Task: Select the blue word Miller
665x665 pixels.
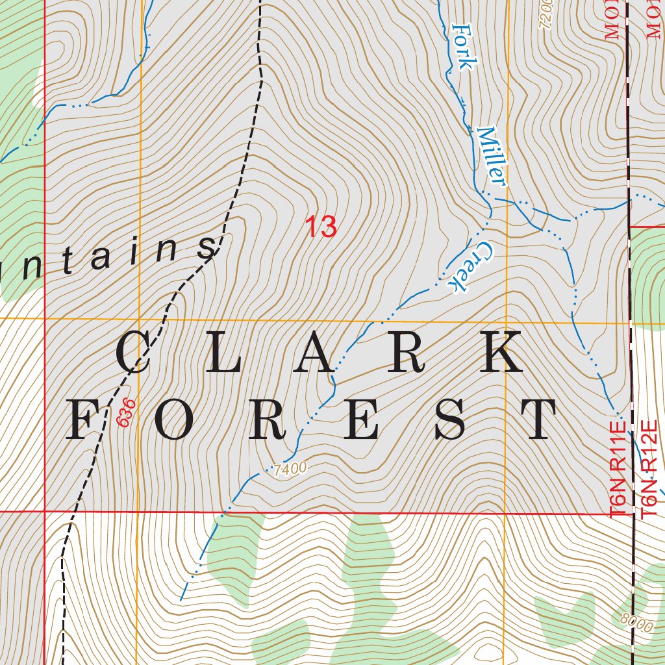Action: (491, 155)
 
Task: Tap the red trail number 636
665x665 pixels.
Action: (127, 413)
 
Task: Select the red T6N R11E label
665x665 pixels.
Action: (618, 469)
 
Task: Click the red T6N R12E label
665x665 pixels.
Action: (649, 469)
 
